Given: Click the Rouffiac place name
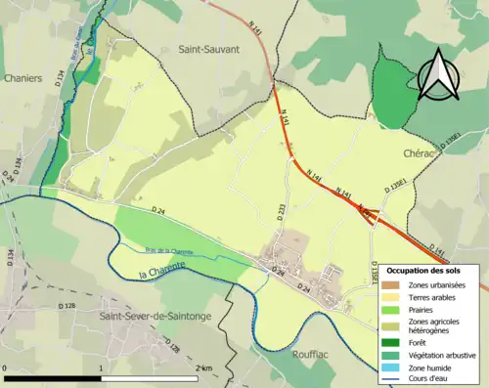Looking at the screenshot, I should (x=314, y=355).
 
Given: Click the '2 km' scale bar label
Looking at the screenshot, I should (x=203, y=366).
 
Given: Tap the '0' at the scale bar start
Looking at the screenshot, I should (x=6, y=366).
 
